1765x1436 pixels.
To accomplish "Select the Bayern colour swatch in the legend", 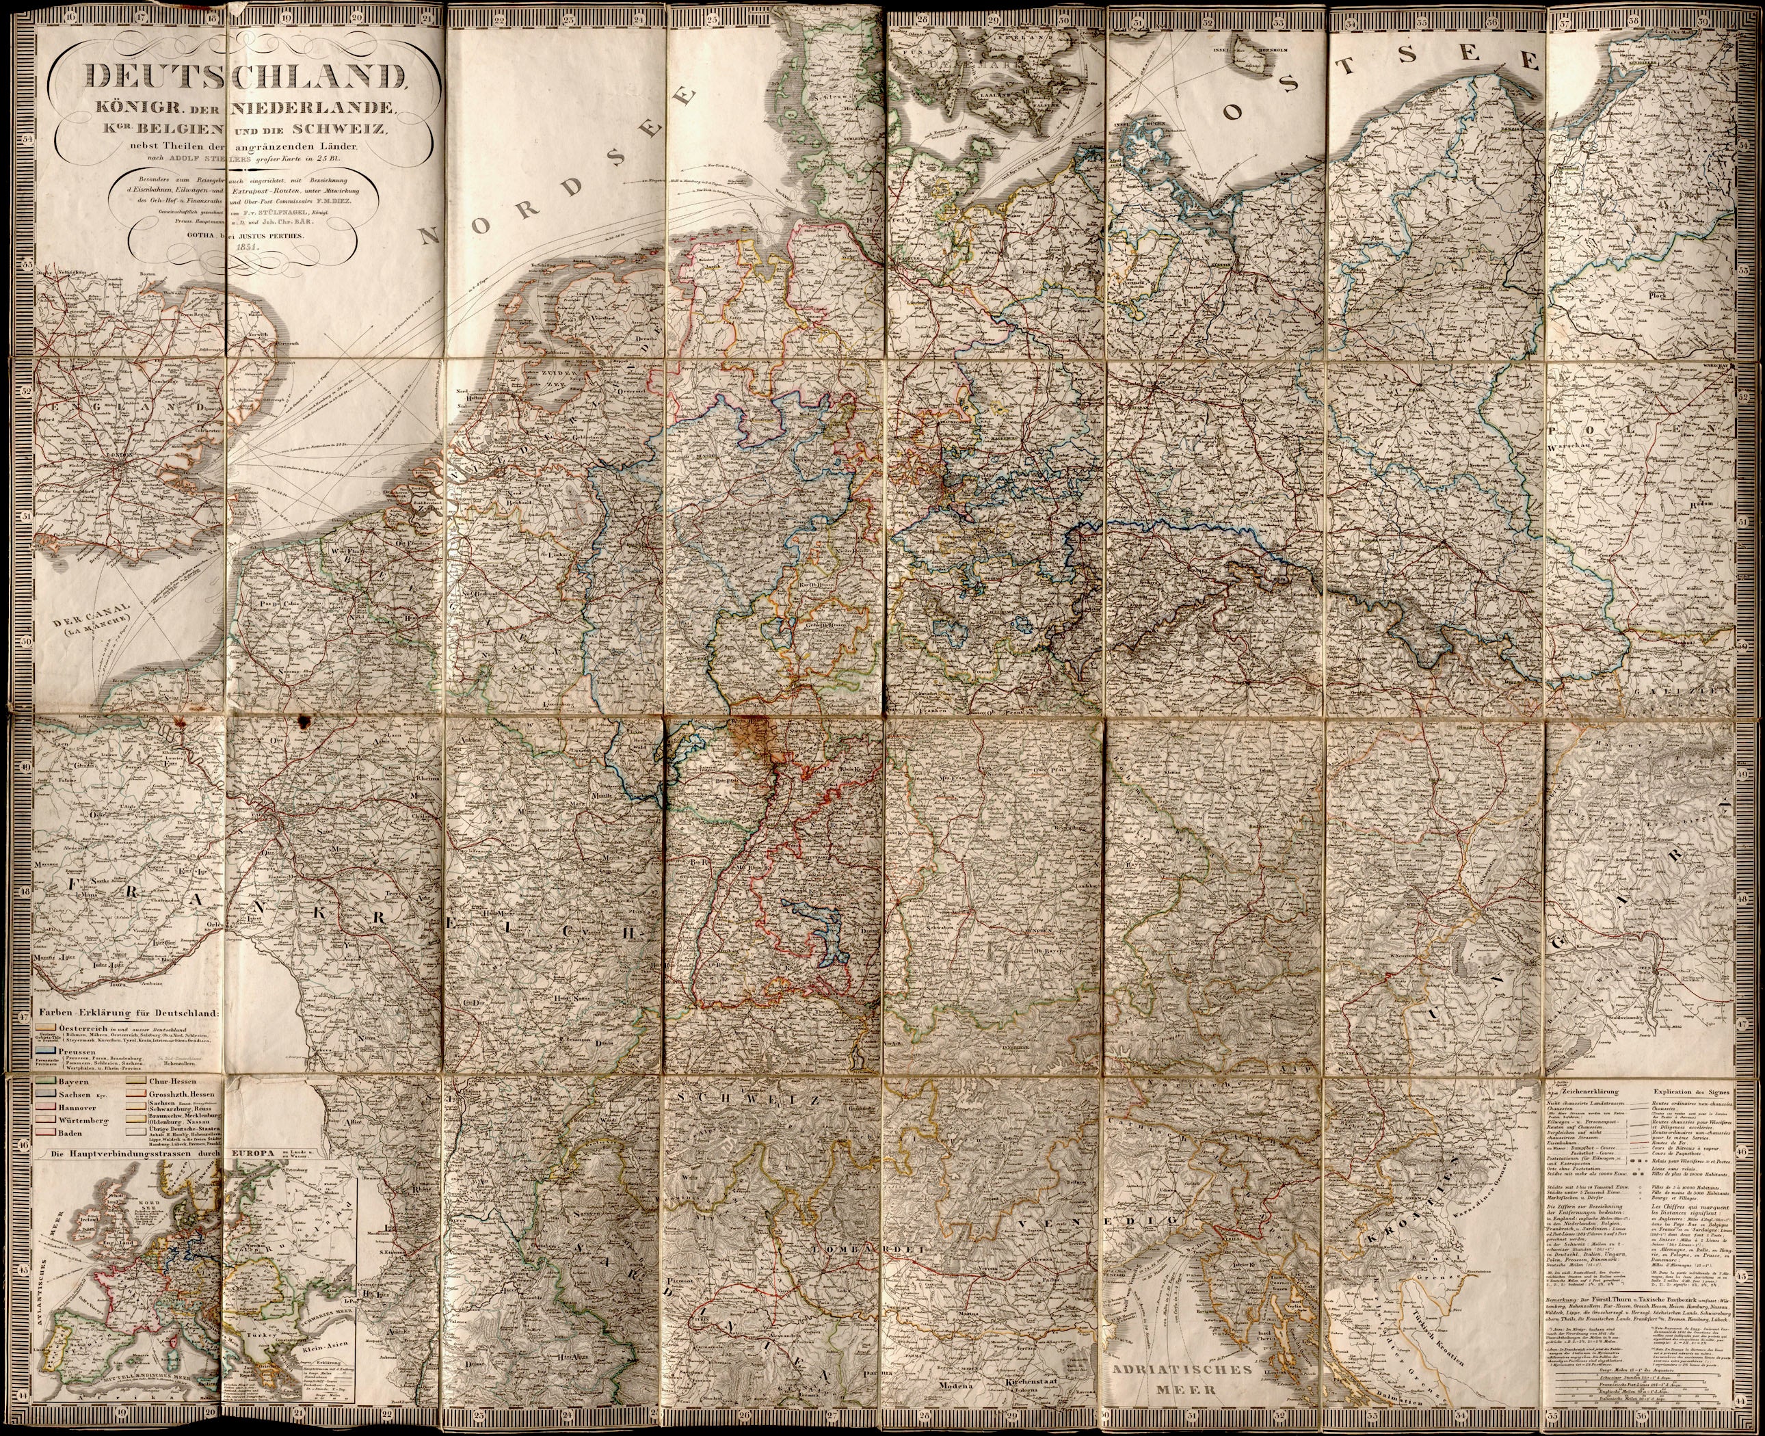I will coord(44,1081).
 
